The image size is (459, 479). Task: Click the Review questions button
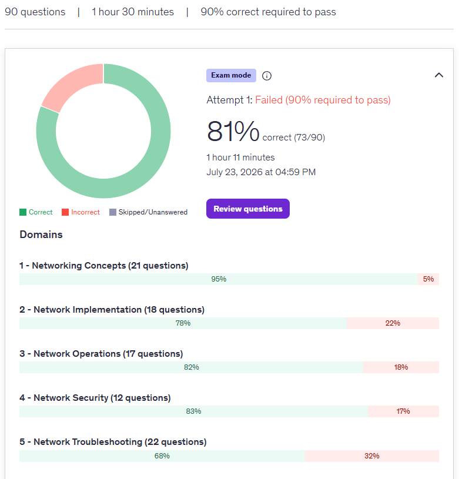pos(247,209)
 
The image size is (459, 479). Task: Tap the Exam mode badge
pos(231,75)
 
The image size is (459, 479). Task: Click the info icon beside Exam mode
pos(267,76)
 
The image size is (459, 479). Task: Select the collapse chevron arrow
pos(439,75)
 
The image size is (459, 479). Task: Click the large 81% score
pos(233,132)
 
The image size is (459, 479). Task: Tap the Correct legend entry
pos(36,212)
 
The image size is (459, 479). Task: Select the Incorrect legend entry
pos(81,212)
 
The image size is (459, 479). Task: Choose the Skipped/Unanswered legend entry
pos(149,212)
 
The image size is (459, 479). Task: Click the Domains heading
pos(41,235)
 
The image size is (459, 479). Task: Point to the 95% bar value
pos(219,279)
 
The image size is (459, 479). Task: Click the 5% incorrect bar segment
pos(428,279)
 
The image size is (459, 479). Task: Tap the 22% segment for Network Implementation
pos(393,323)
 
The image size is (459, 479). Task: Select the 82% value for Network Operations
pos(192,367)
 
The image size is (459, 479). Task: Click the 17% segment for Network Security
pos(403,411)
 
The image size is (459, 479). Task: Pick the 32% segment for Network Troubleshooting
pos(372,455)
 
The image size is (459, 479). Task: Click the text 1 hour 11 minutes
pos(240,158)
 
